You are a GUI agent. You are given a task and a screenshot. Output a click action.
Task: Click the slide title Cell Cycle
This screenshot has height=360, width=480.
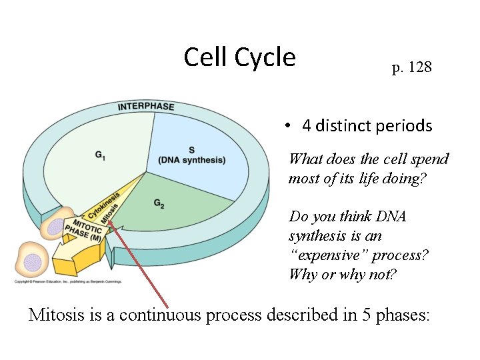[239, 58]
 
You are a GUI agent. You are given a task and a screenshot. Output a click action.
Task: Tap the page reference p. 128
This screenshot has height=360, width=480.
[411, 67]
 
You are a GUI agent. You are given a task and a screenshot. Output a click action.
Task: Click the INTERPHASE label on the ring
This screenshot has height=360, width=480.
[146, 107]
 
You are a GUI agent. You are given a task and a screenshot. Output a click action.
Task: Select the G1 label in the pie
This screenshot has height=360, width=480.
[99, 155]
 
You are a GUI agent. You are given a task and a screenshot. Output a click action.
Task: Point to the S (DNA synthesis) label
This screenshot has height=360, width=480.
[192, 155]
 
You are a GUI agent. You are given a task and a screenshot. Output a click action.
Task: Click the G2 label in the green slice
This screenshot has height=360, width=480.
[159, 203]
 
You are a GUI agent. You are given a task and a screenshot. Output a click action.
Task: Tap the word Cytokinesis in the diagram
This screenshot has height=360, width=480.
[103, 206]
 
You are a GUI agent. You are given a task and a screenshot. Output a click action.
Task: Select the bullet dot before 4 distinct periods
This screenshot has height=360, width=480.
[285, 126]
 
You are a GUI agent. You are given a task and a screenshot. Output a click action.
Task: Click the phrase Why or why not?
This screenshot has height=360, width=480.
[342, 274]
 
